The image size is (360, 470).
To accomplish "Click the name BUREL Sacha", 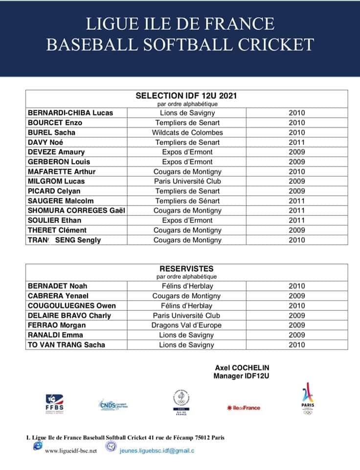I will [51, 132].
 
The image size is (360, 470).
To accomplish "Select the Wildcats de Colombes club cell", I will [187, 132].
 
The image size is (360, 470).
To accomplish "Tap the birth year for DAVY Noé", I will [296, 142].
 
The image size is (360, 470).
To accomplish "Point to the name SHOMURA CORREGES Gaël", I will [77, 211].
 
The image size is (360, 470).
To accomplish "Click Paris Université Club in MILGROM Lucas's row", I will [187, 181].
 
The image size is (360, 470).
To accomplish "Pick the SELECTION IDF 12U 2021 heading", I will [187, 95].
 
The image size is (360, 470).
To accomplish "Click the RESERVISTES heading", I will [186, 269].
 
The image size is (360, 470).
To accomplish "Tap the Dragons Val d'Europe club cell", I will [186, 325].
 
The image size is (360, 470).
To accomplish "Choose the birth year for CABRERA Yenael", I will [296, 296].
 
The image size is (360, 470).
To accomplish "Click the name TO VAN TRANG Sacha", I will [67, 345].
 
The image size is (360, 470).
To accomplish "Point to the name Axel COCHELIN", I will [242, 368].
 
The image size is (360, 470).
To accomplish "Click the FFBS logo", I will [54, 403].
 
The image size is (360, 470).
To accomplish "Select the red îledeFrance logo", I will [244, 407].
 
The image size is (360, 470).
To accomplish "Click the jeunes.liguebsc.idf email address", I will [157, 450].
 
